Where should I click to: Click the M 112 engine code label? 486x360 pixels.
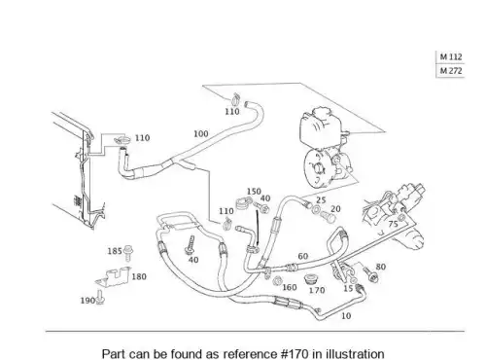point(451,57)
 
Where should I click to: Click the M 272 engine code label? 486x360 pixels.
point(451,70)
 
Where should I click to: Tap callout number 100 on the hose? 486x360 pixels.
point(201,133)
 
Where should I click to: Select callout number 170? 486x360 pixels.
point(317,290)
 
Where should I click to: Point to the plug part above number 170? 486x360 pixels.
point(311,279)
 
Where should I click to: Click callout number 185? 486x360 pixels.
point(115,251)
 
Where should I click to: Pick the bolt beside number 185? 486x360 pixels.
point(128,253)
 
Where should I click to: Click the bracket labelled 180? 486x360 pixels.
point(113,277)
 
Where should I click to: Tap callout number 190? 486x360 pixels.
point(87,301)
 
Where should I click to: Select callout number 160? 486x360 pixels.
point(290,287)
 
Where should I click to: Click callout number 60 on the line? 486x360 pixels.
point(303,256)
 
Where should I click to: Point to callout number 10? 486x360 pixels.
point(346,315)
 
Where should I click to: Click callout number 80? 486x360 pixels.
point(381,267)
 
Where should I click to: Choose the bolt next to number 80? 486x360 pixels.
point(369,274)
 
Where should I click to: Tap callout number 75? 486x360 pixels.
point(393,224)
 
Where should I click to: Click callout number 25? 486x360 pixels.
point(321,200)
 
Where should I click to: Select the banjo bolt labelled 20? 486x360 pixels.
point(329,217)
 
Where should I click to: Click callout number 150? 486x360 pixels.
point(254,192)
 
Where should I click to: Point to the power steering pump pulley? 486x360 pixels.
point(317,167)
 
